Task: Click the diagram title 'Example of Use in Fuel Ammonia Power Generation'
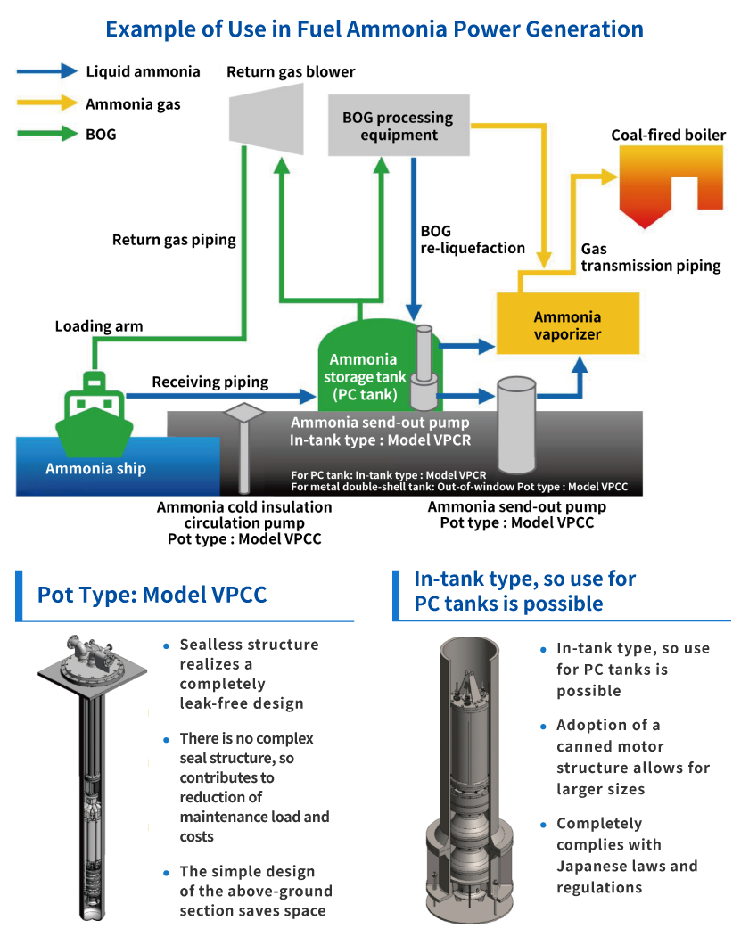374,29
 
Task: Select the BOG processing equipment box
398,126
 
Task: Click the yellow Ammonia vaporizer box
567,325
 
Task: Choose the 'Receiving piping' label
210,382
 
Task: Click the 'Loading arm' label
98,326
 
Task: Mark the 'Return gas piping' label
174,240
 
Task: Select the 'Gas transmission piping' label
651,258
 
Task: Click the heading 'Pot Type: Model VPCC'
152,595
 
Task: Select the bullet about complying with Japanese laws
627,855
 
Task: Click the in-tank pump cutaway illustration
469,778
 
